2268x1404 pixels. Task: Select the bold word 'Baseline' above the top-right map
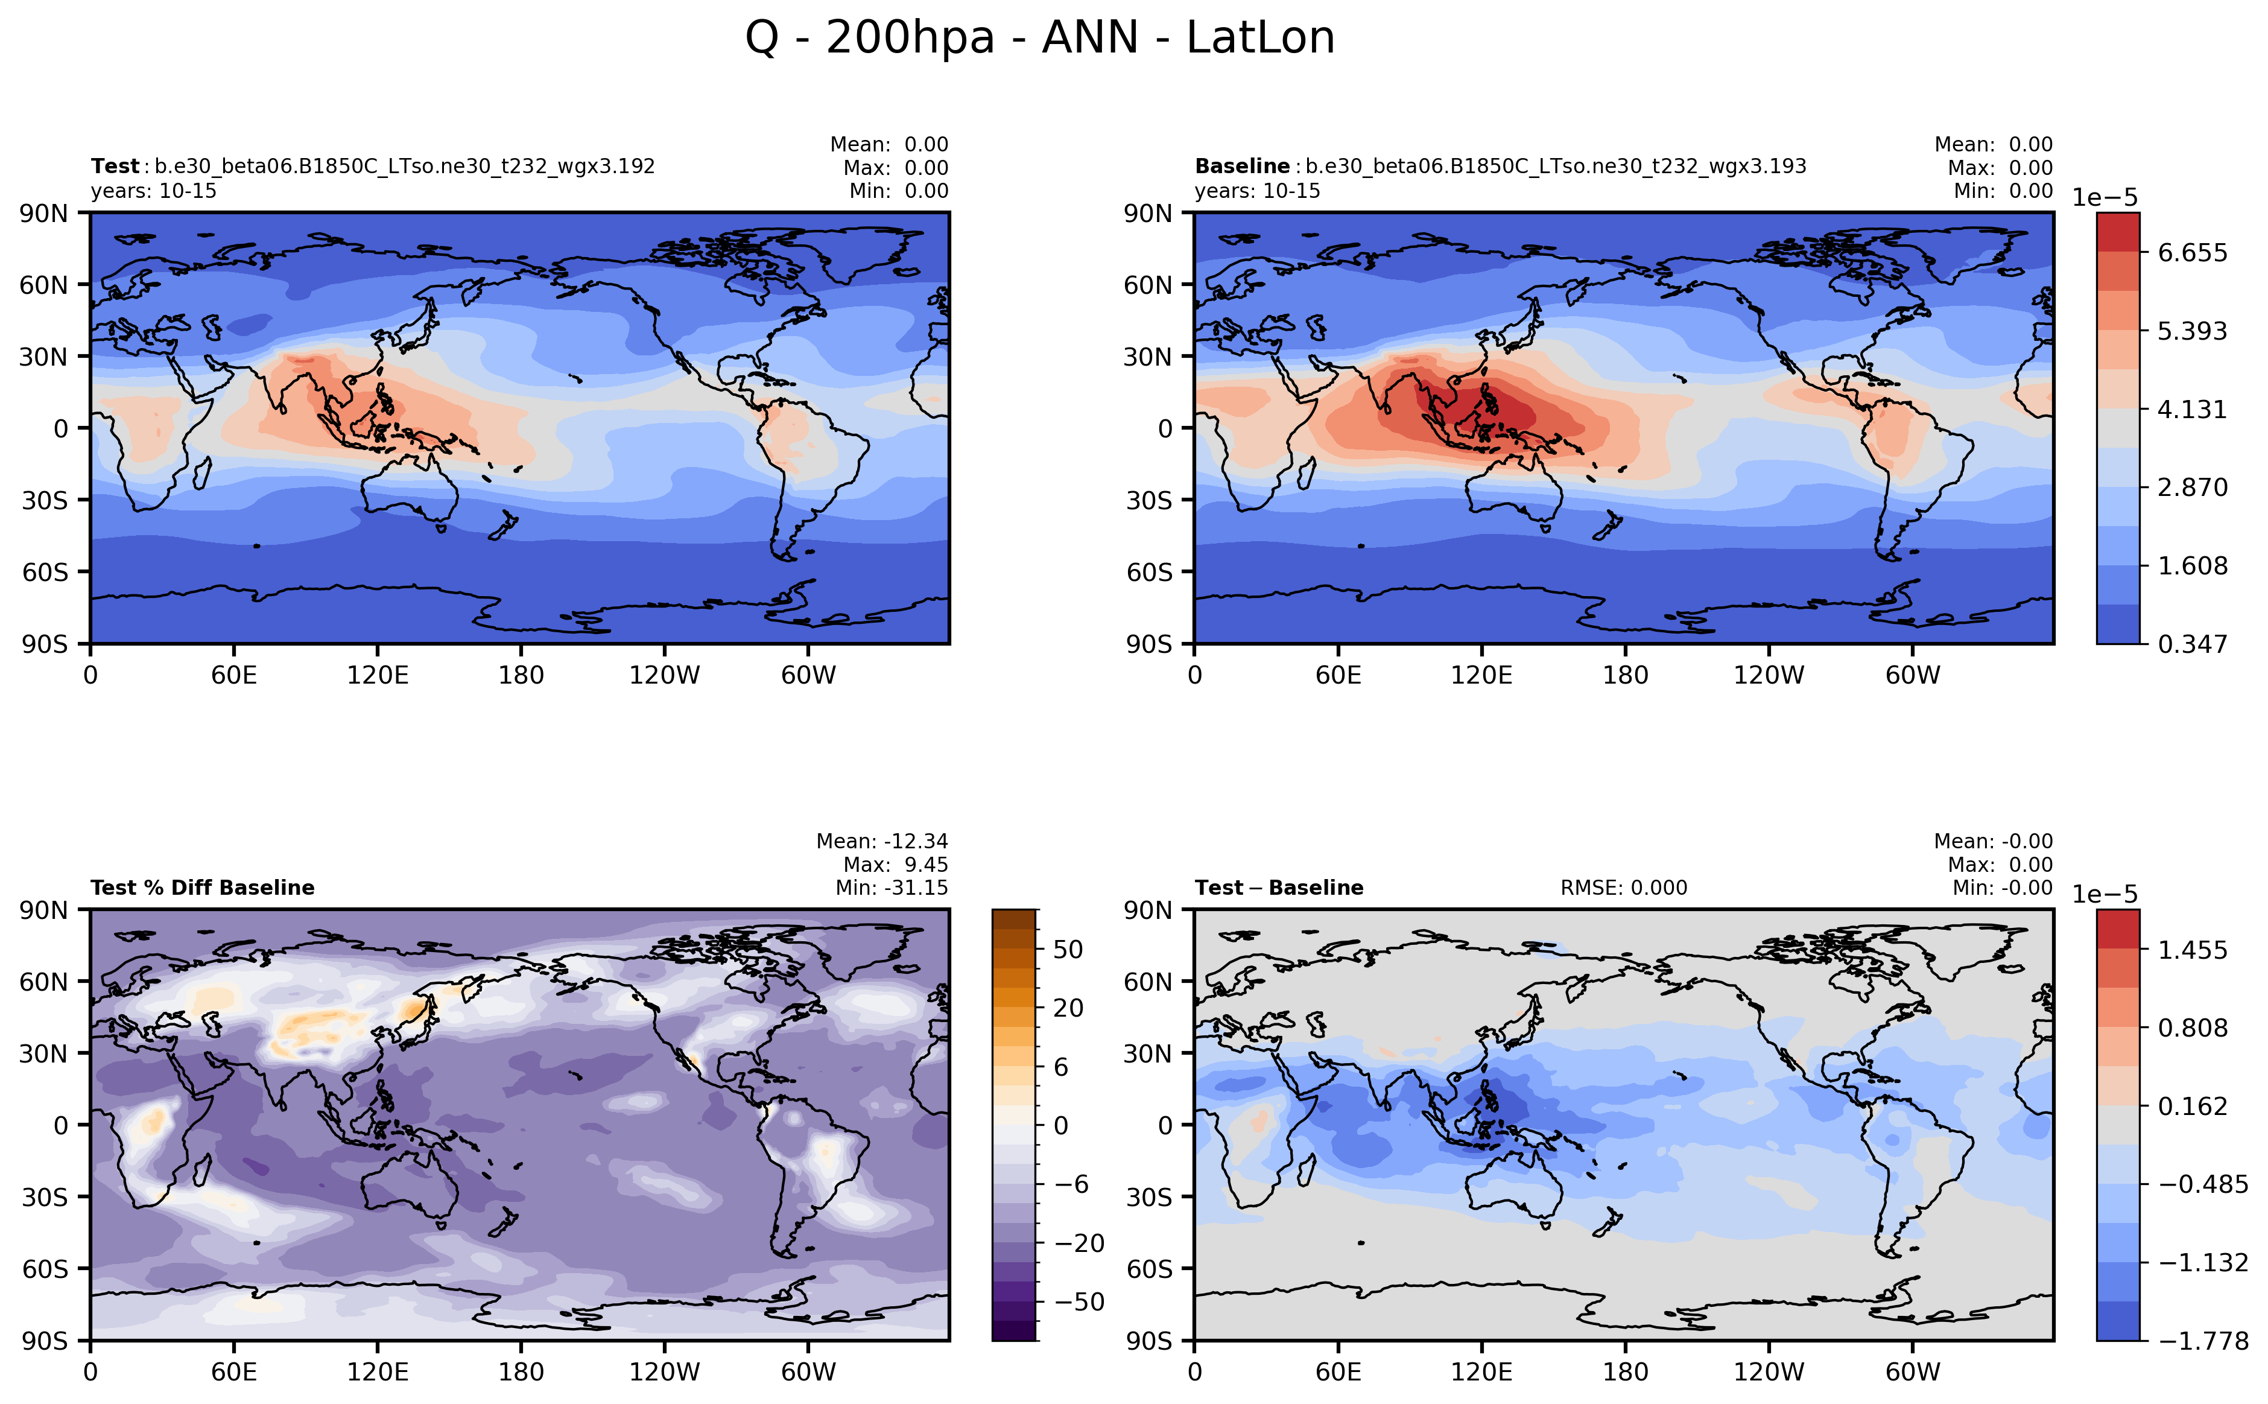click(x=1241, y=166)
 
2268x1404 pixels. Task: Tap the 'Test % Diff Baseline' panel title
click(x=203, y=888)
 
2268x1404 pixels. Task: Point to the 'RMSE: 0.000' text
click(x=1624, y=888)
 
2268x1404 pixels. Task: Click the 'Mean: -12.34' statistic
click(x=882, y=841)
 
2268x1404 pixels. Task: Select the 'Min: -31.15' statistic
click(x=892, y=888)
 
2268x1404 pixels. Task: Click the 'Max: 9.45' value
click(x=895, y=865)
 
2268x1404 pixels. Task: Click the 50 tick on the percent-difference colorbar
click(x=1068, y=950)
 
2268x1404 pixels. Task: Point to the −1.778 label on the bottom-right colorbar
click(x=2203, y=1341)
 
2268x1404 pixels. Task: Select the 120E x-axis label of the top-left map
click(x=377, y=675)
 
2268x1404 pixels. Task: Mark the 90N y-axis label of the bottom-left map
click(x=43, y=910)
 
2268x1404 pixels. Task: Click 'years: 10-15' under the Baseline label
click(x=1257, y=191)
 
